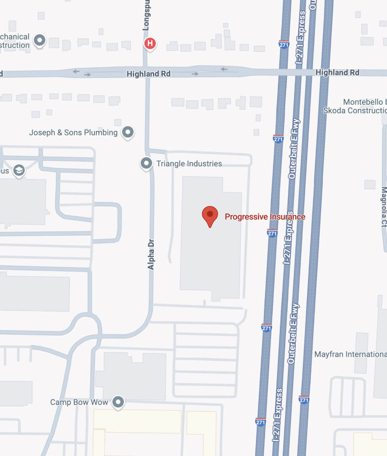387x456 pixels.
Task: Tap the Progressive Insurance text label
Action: tap(265, 217)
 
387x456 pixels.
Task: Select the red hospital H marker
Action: tap(150, 43)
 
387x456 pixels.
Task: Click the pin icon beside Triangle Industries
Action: tap(146, 163)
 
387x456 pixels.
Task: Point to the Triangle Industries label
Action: tap(189, 163)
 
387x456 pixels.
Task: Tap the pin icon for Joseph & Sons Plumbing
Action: tap(128, 132)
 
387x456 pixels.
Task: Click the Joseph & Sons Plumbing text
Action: tap(73, 133)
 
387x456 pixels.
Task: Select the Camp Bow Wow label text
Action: tap(79, 402)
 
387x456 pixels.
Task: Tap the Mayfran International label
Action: tap(350, 354)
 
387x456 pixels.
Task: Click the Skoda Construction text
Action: tap(354, 111)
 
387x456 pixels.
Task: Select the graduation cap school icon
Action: tap(19, 171)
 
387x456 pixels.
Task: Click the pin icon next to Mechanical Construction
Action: tap(40, 41)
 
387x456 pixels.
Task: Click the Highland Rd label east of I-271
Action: tap(337, 73)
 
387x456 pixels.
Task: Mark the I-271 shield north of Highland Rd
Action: tap(284, 43)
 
